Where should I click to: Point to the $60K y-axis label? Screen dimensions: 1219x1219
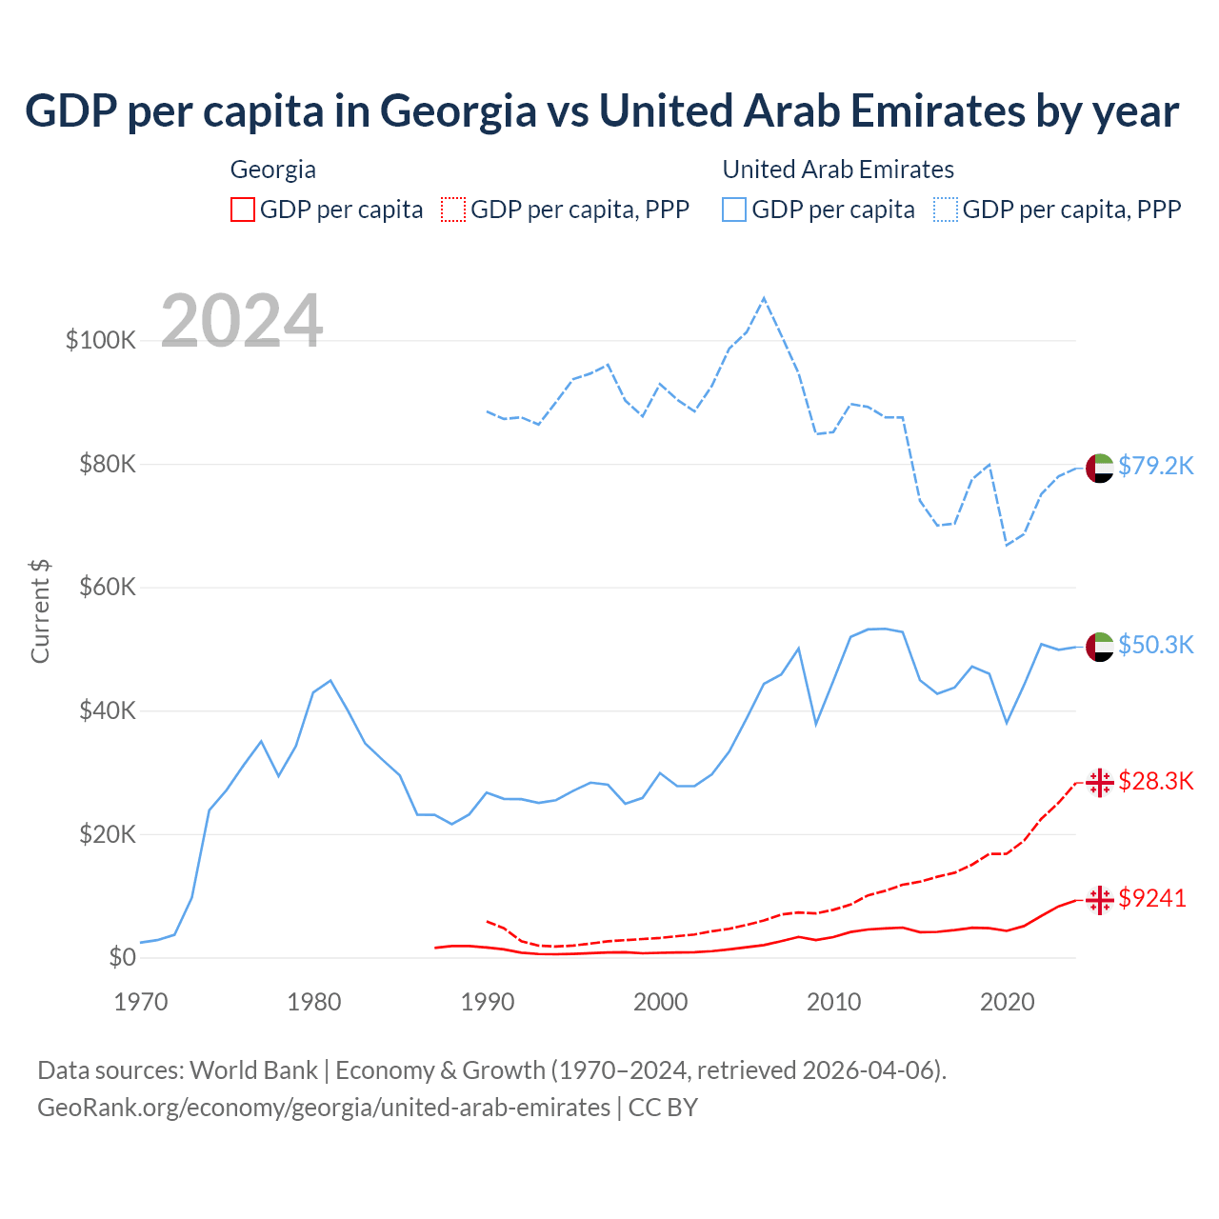coord(108,587)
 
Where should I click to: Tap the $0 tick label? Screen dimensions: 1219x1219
coord(122,957)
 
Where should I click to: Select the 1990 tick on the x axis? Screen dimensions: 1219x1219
coord(488,1002)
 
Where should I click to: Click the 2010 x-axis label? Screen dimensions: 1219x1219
coord(834,1002)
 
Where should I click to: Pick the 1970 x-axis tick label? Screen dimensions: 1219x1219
coord(141,1002)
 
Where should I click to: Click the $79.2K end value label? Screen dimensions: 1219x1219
coord(1155,466)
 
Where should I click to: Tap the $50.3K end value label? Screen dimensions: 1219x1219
coord(1155,645)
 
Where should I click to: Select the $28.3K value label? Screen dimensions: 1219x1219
coord(1155,782)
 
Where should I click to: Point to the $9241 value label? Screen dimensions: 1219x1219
coord(1152,898)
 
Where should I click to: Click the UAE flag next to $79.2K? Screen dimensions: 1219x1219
coord(1100,469)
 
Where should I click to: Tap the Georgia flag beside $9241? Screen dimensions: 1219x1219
coord(1100,900)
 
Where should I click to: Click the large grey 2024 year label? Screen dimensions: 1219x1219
coord(242,321)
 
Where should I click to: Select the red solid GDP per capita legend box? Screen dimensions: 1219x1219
coord(243,210)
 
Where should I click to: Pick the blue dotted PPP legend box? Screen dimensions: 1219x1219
coord(946,210)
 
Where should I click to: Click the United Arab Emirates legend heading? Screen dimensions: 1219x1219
coord(838,170)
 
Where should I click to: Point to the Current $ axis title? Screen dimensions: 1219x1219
coord(40,611)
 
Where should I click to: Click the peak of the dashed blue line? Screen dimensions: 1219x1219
coord(764,298)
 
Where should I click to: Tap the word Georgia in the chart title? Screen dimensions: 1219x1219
coord(458,110)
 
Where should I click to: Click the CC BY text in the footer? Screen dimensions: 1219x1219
coord(663,1108)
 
